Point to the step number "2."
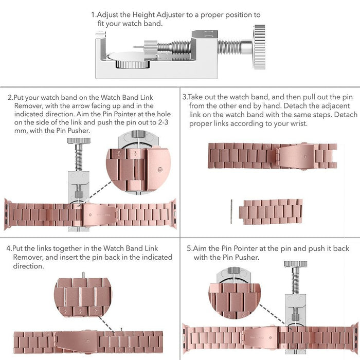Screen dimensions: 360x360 point(10,97)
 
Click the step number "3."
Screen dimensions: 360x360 point(186,97)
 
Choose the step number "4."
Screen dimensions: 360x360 point(9,248)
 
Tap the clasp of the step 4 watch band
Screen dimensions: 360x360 point(91,339)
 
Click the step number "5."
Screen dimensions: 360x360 point(190,248)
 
